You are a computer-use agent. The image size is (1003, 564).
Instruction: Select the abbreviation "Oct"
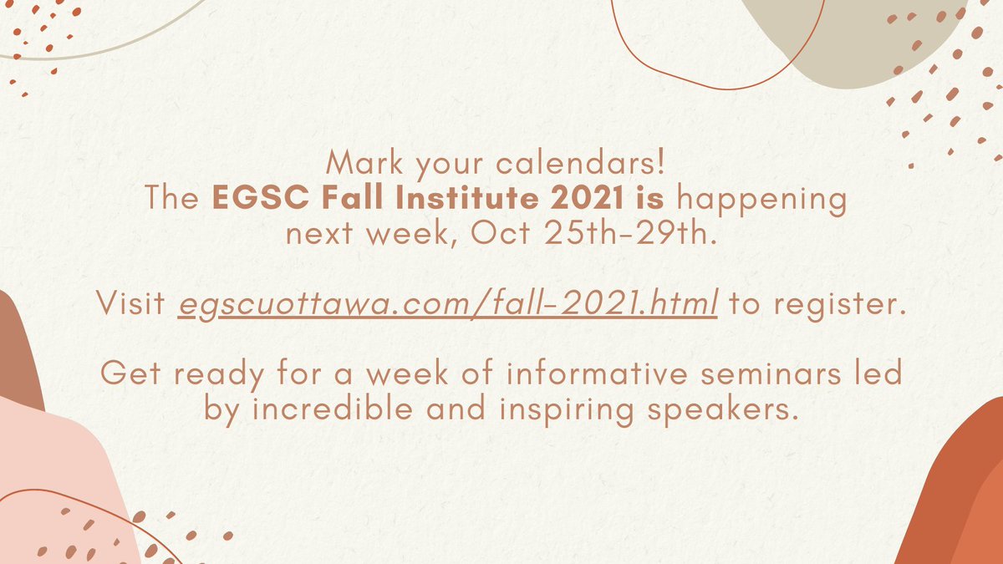(499, 234)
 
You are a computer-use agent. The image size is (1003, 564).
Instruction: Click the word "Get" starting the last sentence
(126, 373)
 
